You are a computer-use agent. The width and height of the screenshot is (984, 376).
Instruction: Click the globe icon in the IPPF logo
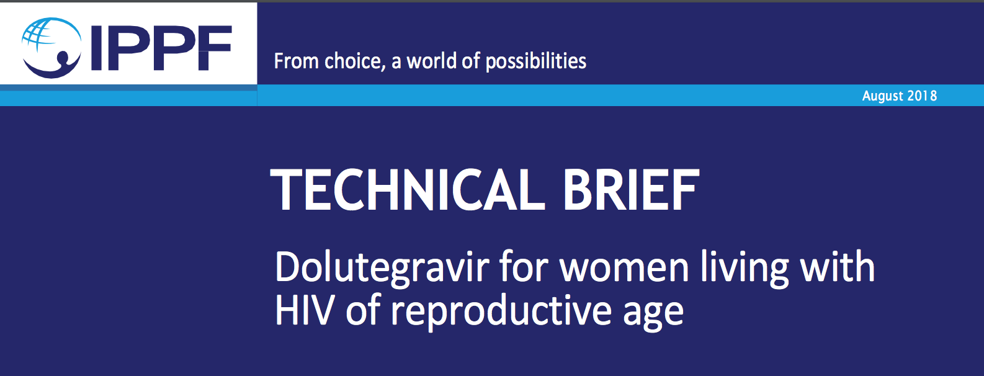coord(51,47)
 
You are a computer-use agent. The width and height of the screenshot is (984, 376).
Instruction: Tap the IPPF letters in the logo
coord(161,48)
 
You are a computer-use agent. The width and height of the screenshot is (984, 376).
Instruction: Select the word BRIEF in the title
coord(631,190)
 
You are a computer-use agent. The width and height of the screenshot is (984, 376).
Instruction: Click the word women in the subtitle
coord(624,269)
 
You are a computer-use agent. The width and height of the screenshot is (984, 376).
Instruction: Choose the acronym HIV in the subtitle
coord(305,310)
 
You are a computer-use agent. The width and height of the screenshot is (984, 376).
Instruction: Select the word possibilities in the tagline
coord(536,61)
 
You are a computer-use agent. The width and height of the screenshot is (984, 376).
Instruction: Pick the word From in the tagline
coord(296,61)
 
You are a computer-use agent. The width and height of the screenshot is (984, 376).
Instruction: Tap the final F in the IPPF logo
coord(215,48)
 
